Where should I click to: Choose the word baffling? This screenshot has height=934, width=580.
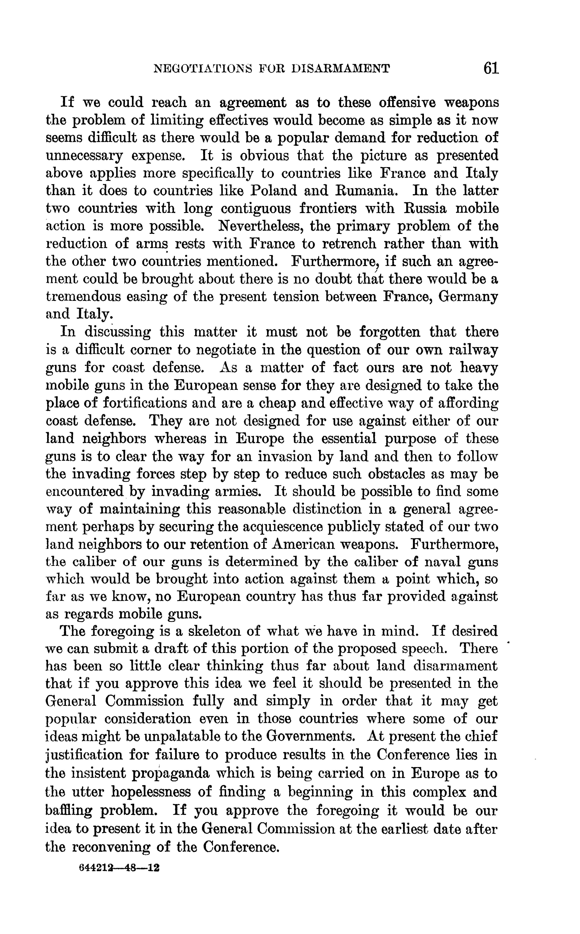[x=69, y=809]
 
